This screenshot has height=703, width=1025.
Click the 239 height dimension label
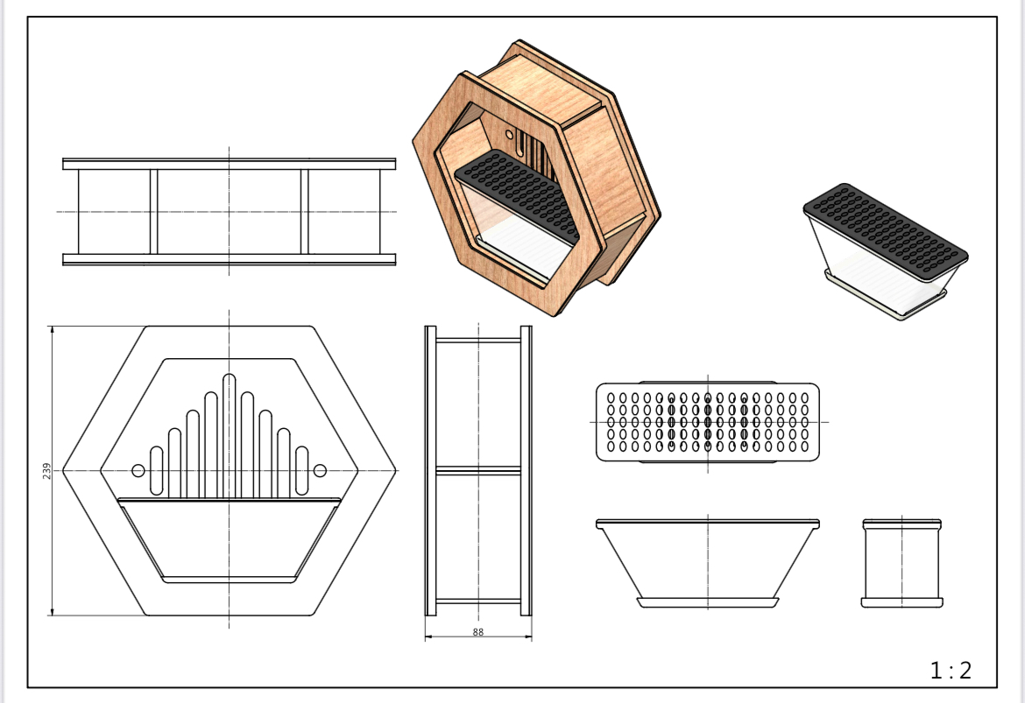coord(46,471)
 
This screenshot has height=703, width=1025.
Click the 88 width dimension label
coord(477,632)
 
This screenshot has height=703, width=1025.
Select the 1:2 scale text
coord(951,671)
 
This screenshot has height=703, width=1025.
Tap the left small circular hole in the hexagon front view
coord(138,470)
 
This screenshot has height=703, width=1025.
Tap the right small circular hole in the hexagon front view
coord(320,470)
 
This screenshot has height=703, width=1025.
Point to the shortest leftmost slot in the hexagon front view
coord(156,471)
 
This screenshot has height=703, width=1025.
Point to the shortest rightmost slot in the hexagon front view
coord(301,471)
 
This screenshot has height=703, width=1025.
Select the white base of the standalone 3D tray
coord(885,295)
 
